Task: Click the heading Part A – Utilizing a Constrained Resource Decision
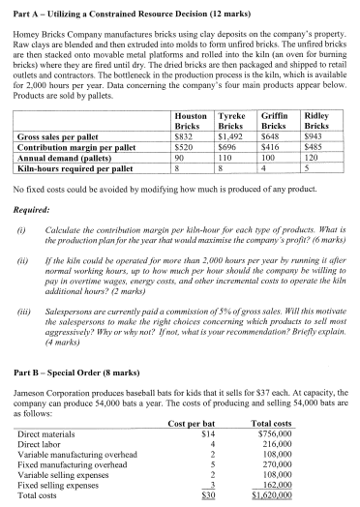click(113, 10)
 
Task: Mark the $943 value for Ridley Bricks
click(322, 164)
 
